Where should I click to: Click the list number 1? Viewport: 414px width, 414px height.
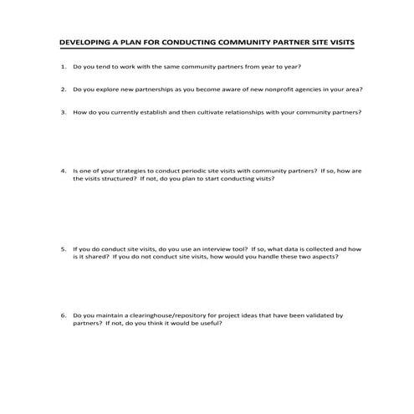pos(63,65)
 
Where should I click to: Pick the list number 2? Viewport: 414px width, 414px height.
pos(63,88)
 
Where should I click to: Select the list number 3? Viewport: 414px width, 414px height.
pos(63,110)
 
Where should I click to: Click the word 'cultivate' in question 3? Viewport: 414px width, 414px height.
pos(207,110)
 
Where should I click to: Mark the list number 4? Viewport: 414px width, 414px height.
pos(63,171)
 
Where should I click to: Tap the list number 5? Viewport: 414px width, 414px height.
pos(63,248)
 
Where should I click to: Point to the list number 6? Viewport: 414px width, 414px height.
pos(63,315)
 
